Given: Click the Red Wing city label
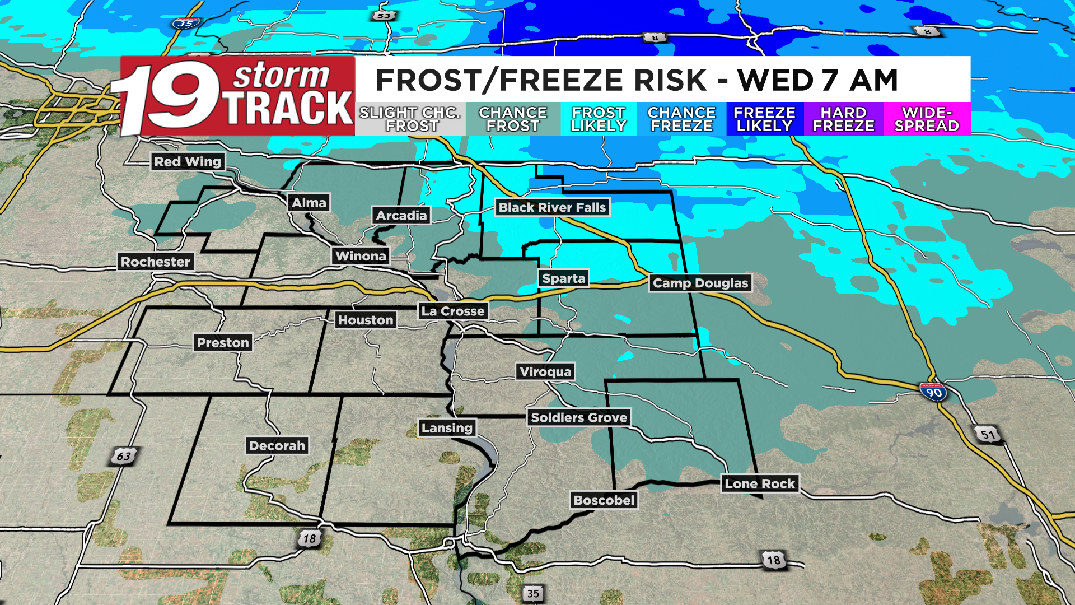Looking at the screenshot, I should tap(188, 162).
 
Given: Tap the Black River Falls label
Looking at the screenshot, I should tap(552, 208).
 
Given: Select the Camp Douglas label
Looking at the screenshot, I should tap(700, 283).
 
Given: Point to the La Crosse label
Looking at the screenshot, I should tap(453, 311).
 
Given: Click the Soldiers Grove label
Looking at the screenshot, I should tap(579, 418).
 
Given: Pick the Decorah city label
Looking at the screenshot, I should tap(277, 446).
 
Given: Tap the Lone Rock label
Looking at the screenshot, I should tap(760, 484).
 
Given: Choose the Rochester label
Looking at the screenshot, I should tap(156, 262).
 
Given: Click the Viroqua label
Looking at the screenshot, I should tap(545, 372).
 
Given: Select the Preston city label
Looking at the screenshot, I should tap(223, 343).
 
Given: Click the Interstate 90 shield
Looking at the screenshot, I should tap(933, 392).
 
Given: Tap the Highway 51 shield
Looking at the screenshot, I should tap(988, 435).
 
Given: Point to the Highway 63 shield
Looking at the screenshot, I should tap(123, 456).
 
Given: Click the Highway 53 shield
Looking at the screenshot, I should tap(384, 16).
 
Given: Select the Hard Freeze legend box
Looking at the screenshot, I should tap(843, 119).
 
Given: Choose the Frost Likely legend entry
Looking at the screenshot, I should tap(598, 119).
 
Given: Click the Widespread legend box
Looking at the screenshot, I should tap(927, 119).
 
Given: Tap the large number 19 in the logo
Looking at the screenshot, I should tap(168, 96).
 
